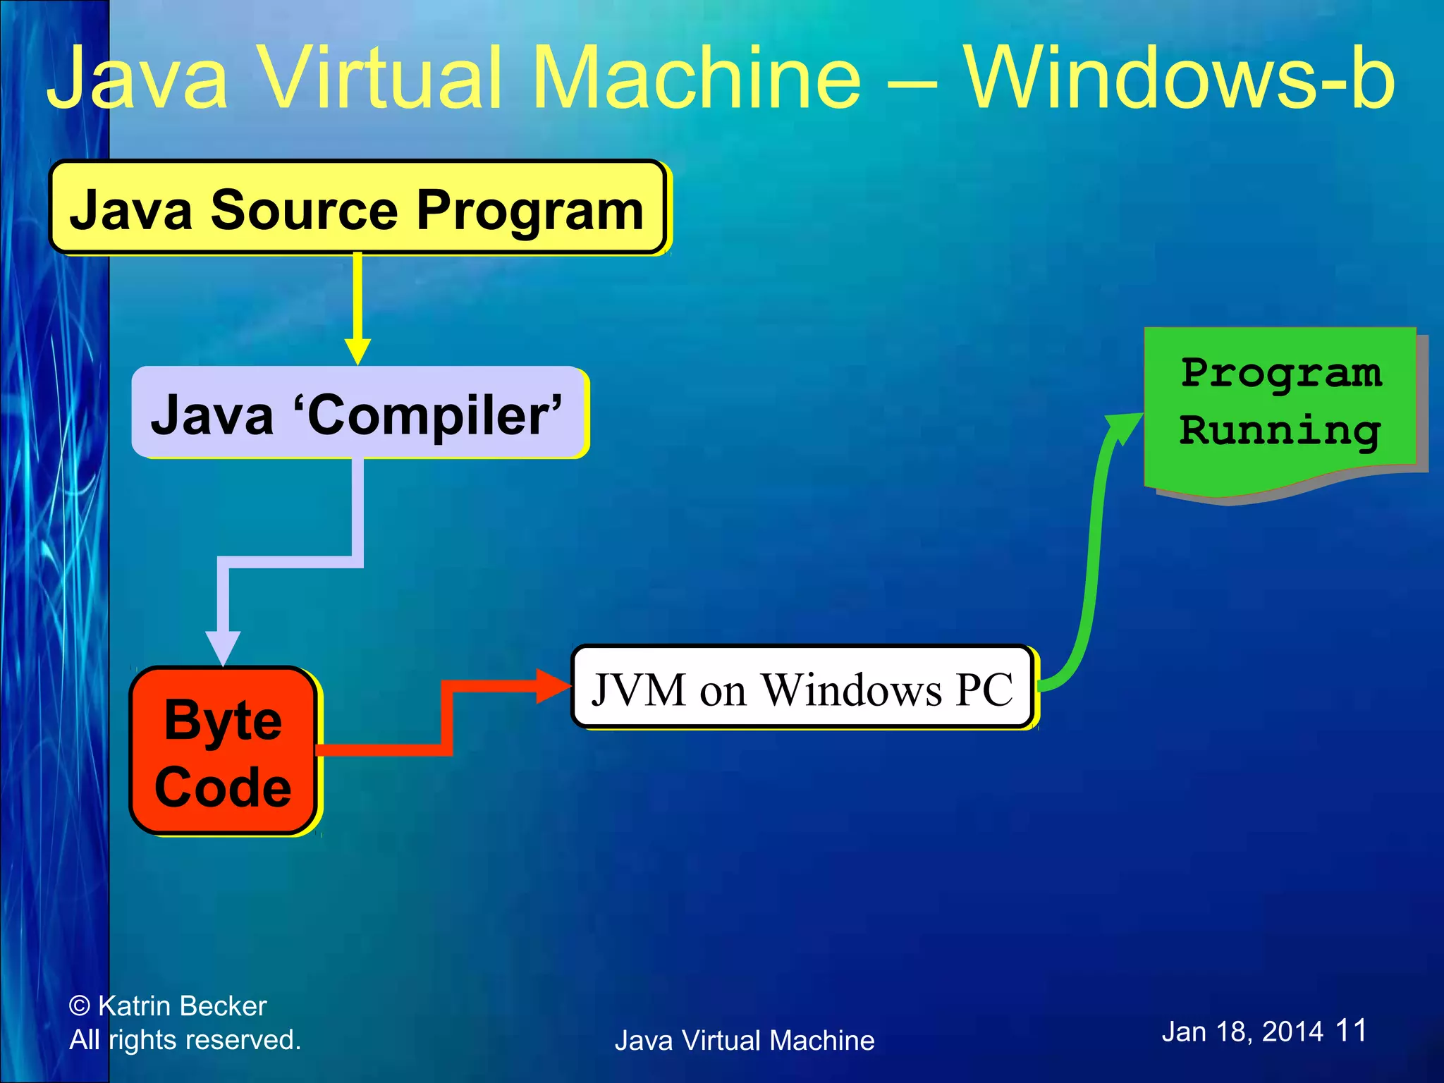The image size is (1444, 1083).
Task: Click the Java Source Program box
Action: coord(357,208)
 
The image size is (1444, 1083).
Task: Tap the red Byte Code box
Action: coord(223,751)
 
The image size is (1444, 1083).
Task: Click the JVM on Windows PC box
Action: coord(802,688)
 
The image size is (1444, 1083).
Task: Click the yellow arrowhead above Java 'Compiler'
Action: coord(357,350)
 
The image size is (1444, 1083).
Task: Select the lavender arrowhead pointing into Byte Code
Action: coord(223,647)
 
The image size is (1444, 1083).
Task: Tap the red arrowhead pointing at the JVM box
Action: coord(553,685)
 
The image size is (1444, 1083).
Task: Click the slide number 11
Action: coord(1351,1030)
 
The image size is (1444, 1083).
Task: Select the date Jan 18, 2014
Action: coord(1242,1032)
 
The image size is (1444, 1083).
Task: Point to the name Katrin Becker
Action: coord(182,1006)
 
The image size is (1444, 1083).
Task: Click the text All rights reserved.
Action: coord(185,1040)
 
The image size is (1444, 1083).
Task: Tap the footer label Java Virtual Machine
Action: coord(745,1041)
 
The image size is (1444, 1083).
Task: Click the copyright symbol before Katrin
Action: coord(80,1006)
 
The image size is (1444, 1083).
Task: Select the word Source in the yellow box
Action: coord(305,209)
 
